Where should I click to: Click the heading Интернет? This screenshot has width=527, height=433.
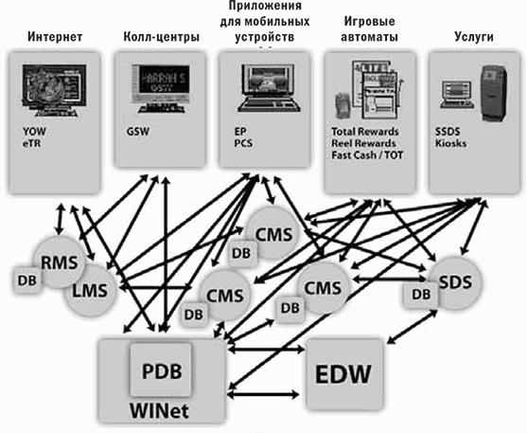[55, 36]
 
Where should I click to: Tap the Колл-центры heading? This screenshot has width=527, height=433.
[162, 37]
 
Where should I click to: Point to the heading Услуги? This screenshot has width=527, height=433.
[474, 36]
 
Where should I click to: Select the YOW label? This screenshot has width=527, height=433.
[34, 131]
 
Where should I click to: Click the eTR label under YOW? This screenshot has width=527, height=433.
[31, 143]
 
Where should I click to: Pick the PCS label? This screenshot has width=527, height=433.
[243, 143]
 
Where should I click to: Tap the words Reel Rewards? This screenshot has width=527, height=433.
[363, 143]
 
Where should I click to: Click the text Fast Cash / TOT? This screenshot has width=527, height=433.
[367, 155]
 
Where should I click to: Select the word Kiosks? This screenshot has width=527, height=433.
[450, 143]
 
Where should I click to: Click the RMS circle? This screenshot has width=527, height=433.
[60, 262]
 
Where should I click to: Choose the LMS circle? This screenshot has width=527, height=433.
[91, 290]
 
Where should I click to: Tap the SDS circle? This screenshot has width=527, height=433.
[456, 282]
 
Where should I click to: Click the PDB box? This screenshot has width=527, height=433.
[162, 370]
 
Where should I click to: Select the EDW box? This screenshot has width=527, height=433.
[345, 374]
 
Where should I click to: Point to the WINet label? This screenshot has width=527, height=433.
[159, 410]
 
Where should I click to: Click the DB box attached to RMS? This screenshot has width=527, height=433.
[27, 280]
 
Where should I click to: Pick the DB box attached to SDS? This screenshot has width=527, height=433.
[421, 295]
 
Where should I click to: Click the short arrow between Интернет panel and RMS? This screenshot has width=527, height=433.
[61, 219]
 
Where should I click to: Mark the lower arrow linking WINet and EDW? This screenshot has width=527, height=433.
[263, 394]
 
